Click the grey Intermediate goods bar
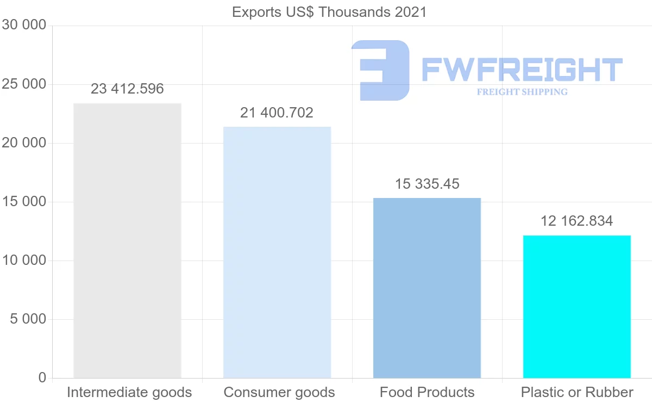pos(127,240)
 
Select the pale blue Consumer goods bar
pos(277,252)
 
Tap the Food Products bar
pos(427,288)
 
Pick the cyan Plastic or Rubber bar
pos(576,307)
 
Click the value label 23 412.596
pos(127,89)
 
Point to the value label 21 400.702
pos(277,113)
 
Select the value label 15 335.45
pos(427,184)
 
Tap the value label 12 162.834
pos(576,221)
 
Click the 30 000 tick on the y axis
pos(24,26)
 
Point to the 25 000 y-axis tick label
pos(24,84)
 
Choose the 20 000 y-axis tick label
pos(24,143)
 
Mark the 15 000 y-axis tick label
pos(24,202)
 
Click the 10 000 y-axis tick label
pos(24,261)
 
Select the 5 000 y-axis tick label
pos(28,319)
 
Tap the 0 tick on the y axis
pos(42,378)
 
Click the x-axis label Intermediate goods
pos(129,393)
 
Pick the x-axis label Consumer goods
pos(279,393)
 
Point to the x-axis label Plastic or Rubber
pos(577,393)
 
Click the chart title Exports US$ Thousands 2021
pos(329,12)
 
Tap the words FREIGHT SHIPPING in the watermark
pos(522,92)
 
